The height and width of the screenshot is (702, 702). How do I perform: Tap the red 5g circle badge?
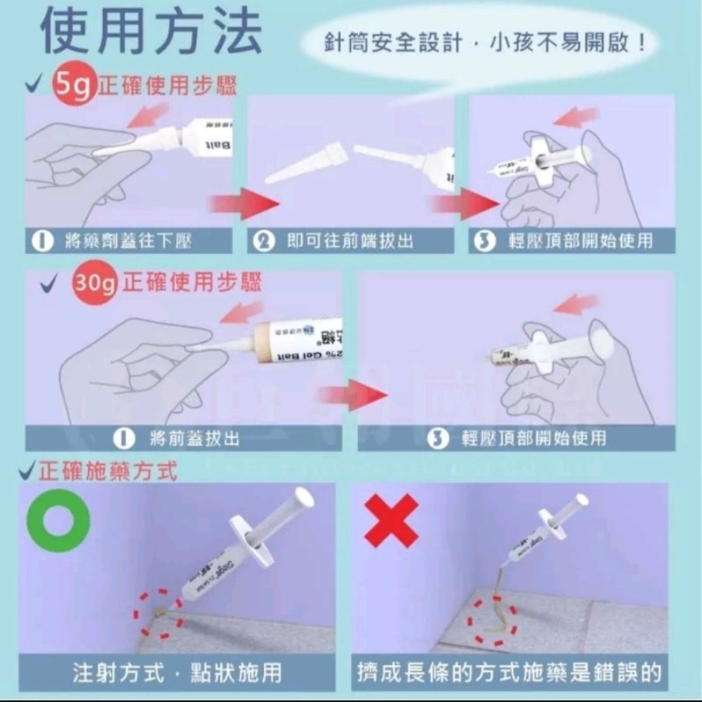click(72, 86)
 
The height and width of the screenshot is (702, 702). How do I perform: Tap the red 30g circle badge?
click(95, 282)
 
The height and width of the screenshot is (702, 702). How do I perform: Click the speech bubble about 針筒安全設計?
click(484, 44)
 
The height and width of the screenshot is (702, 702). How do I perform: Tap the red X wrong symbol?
click(391, 520)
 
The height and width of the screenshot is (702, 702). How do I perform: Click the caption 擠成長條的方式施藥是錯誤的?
click(510, 672)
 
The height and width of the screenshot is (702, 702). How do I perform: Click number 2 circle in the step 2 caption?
click(264, 241)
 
